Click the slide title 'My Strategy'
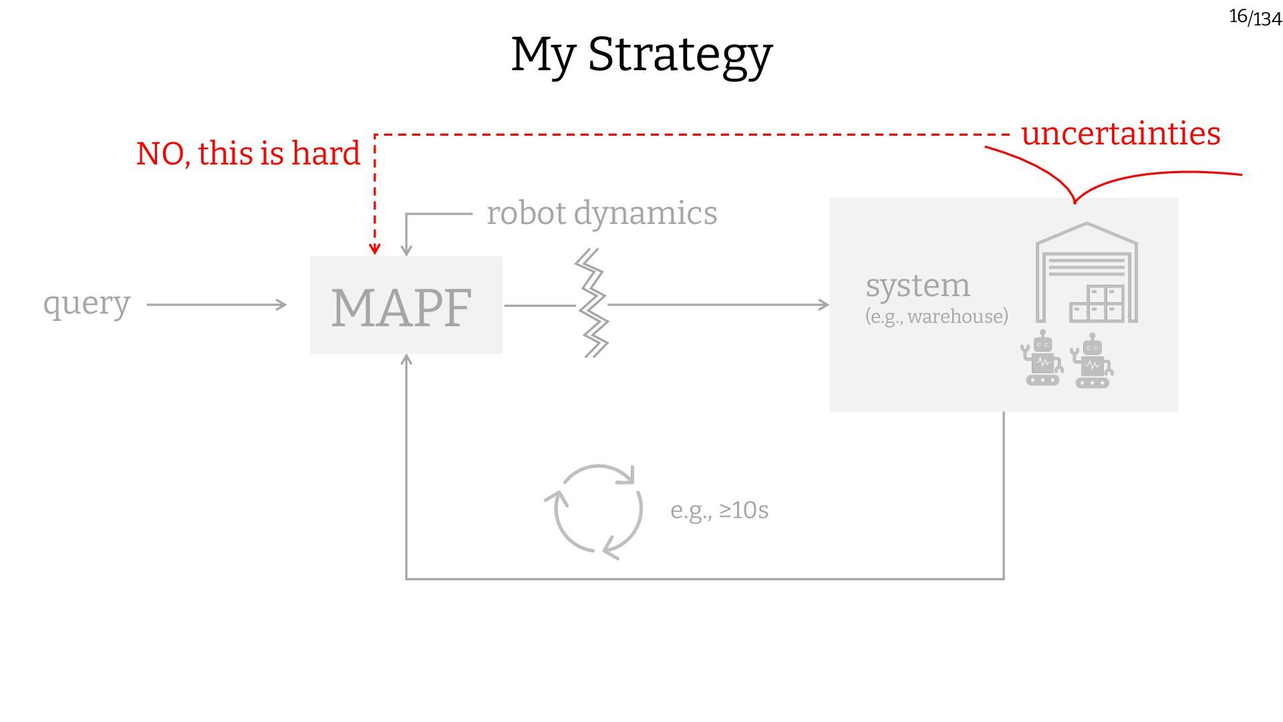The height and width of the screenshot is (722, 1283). (641, 55)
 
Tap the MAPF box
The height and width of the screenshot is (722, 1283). (406, 306)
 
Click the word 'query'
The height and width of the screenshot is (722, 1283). (87, 304)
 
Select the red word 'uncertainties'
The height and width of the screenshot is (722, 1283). (1121, 134)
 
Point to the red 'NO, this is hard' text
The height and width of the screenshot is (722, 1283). (248, 154)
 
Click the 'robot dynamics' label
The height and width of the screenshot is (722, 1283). (601, 214)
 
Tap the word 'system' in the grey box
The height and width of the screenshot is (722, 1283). (917, 286)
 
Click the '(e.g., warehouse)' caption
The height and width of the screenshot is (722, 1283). (936, 316)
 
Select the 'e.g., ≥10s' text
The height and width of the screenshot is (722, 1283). (719, 511)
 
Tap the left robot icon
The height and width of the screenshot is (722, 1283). (1042, 359)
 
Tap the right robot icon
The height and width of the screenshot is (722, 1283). (1092, 362)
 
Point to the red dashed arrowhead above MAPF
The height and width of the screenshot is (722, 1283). (375, 249)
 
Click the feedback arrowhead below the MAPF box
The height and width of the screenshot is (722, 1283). (406, 360)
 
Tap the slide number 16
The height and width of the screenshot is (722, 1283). (1238, 16)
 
